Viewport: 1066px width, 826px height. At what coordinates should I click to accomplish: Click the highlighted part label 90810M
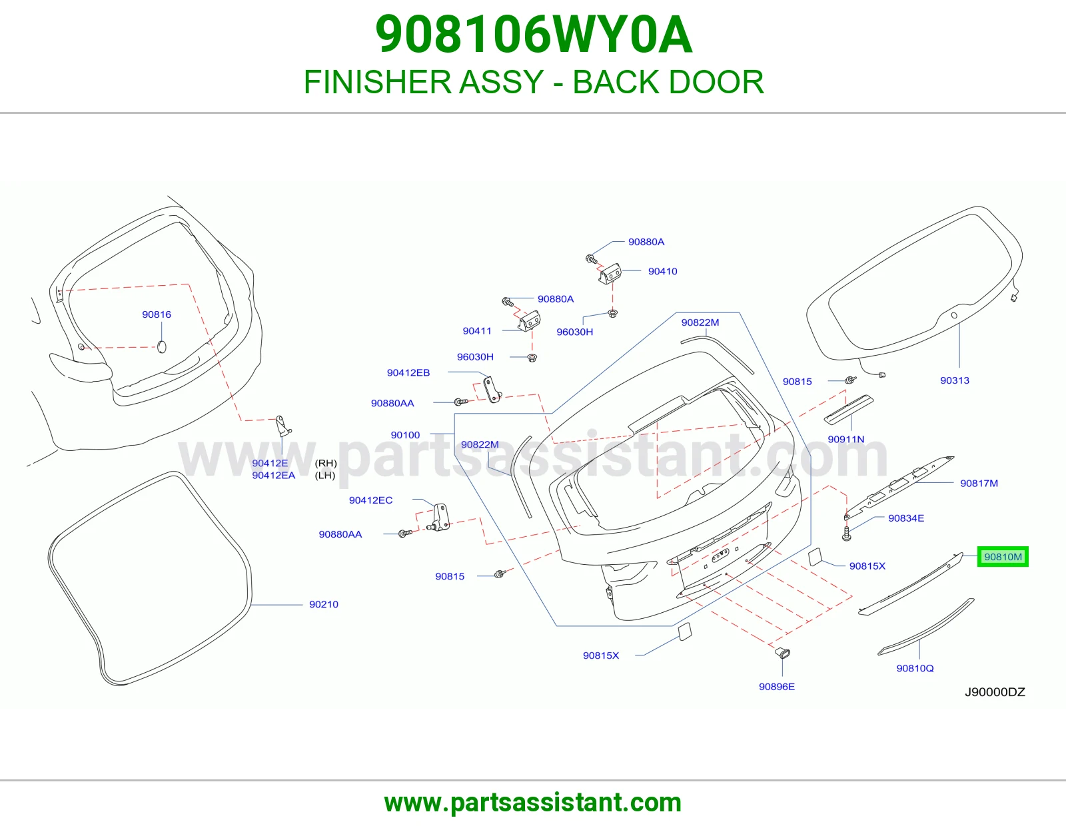[x=1003, y=557]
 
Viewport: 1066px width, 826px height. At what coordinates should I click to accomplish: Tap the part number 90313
[x=955, y=380]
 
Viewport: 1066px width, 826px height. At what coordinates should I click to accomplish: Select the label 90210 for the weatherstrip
[x=324, y=604]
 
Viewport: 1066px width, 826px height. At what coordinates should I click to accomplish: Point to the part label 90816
[x=157, y=314]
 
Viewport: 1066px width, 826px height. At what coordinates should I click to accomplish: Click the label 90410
[x=663, y=271]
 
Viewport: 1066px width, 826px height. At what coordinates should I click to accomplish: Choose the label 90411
[x=477, y=330]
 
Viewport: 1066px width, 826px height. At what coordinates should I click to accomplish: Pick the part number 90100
[x=405, y=434]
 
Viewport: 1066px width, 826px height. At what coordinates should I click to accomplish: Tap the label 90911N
[x=846, y=439]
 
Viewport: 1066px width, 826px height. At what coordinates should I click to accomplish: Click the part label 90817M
[x=979, y=483]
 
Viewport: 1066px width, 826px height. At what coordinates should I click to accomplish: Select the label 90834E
[x=906, y=518]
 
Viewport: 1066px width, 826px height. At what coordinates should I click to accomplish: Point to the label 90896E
[x=777, y=687]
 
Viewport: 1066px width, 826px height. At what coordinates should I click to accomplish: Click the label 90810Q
[x=915, y=668]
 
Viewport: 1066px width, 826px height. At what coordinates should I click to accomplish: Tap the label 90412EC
[x=371, y=500]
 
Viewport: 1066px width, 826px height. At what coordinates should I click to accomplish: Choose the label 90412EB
[x=408, y=373]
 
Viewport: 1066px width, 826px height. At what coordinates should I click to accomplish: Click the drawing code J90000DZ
[x=995, y=692]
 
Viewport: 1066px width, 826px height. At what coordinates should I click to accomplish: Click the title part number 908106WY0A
[x=534, y=35]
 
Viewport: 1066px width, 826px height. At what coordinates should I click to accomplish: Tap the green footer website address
[x=533, y=803]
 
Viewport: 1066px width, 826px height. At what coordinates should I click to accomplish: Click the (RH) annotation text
[x=326, y=463]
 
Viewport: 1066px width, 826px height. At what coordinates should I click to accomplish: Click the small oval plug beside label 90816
[x=161, y=347]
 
